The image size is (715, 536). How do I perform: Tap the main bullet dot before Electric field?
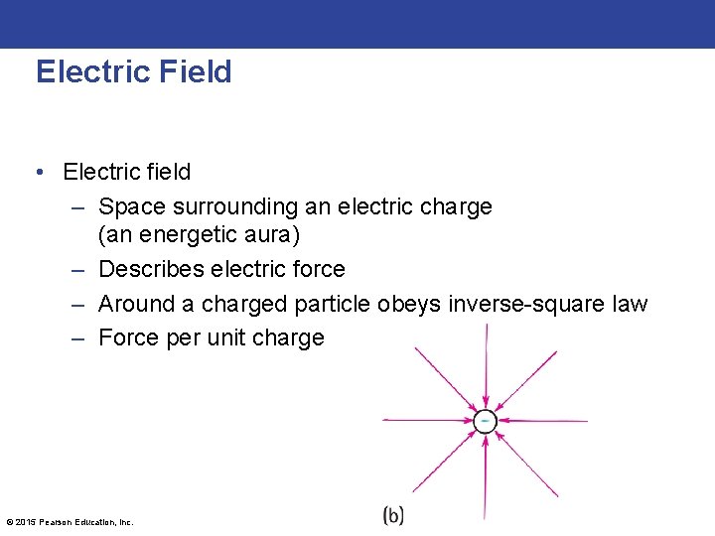(37, 172)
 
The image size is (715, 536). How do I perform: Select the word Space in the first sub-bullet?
(132, 207)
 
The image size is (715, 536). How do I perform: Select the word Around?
(135, 304)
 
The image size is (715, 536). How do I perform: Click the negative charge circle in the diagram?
(484, 421)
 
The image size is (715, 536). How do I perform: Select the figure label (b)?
(393, 515)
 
